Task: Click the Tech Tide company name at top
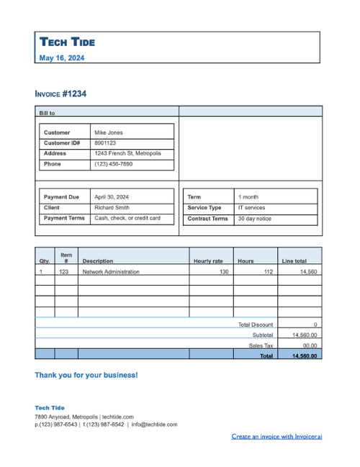tap(67, 42)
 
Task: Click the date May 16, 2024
tap(61, 58)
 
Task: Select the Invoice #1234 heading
tap(60, 94)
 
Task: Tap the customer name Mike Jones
tap(109, 132)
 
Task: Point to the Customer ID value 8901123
tap(105, 143)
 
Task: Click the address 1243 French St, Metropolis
tap(128, 153)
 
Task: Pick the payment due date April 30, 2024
tap(112, 196)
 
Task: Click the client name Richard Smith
tap(112, 207)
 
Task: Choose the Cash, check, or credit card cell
tap(127, 218)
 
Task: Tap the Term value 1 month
tap(248, 196)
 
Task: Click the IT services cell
tap(252, 207)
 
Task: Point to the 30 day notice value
tap(255, 219)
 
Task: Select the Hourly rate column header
tap(208, 260)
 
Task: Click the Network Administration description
tap(111, 272)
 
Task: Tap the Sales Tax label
tap(261, 345)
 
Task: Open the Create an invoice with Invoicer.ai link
tap(276, 436)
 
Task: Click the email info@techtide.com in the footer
tap(154, 425)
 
